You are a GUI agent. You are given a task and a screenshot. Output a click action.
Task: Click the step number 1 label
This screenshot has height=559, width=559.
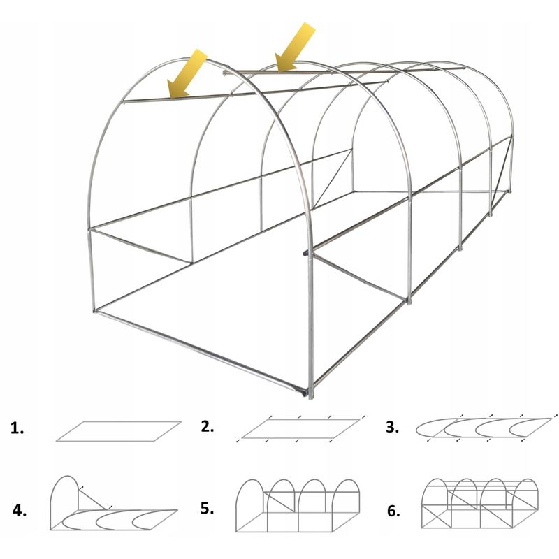click(x=17, y=428)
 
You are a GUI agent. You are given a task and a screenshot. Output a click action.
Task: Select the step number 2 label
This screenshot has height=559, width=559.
click(x=207, y=426)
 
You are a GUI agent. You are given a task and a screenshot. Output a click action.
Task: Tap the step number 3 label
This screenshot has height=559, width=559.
click(x=392, y=427)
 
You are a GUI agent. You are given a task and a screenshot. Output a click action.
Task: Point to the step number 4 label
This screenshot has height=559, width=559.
click(x=20, y=511)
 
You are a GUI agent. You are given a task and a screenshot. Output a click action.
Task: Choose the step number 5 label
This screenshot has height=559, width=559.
click(x=207, y=509)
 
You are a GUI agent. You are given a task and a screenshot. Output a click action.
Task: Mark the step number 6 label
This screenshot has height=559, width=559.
click(x=393, y=511)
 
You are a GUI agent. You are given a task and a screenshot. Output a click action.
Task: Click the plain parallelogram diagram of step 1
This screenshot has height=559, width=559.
click(x=119, y=431)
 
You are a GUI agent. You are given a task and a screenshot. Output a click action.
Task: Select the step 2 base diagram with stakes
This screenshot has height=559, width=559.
click(x=301, y=428)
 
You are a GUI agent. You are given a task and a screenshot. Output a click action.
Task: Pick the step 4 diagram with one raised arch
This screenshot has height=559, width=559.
click(x=113, y=503)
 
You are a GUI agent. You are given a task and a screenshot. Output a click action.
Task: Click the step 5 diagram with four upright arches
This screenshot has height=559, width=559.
click(x=298, y=505)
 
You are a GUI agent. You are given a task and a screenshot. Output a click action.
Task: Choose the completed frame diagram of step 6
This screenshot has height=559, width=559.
click(x=480, y=503)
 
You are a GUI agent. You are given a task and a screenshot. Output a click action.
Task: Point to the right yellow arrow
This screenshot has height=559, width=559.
click(x=295, y=46)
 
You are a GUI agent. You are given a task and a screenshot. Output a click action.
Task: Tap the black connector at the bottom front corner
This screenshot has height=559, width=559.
click(x=303, y=392)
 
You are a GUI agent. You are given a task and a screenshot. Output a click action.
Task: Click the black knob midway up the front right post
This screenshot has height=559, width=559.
click(x=305, y=254)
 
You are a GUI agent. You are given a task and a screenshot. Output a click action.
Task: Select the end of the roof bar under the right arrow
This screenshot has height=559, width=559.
click(x=224, y=73)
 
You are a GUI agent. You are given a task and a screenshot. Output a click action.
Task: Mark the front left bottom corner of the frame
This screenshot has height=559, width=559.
click(x=95, y=311)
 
